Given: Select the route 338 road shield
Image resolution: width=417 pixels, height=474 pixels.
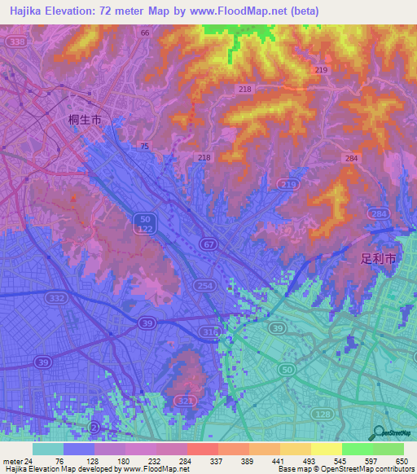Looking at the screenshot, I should coord(14,41).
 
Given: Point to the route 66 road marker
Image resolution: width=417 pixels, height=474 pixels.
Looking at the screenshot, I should coord(145,33).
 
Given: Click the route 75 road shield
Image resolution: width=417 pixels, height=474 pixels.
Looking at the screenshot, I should coord(144,146).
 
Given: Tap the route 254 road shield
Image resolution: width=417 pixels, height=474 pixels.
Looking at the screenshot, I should coord(204,285).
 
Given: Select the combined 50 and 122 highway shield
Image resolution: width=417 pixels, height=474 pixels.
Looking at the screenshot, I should coord(144,226).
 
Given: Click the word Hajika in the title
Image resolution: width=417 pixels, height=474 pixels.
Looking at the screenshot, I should coord(26,11).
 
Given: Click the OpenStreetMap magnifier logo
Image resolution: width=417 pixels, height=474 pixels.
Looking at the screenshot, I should coord(379,434).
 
